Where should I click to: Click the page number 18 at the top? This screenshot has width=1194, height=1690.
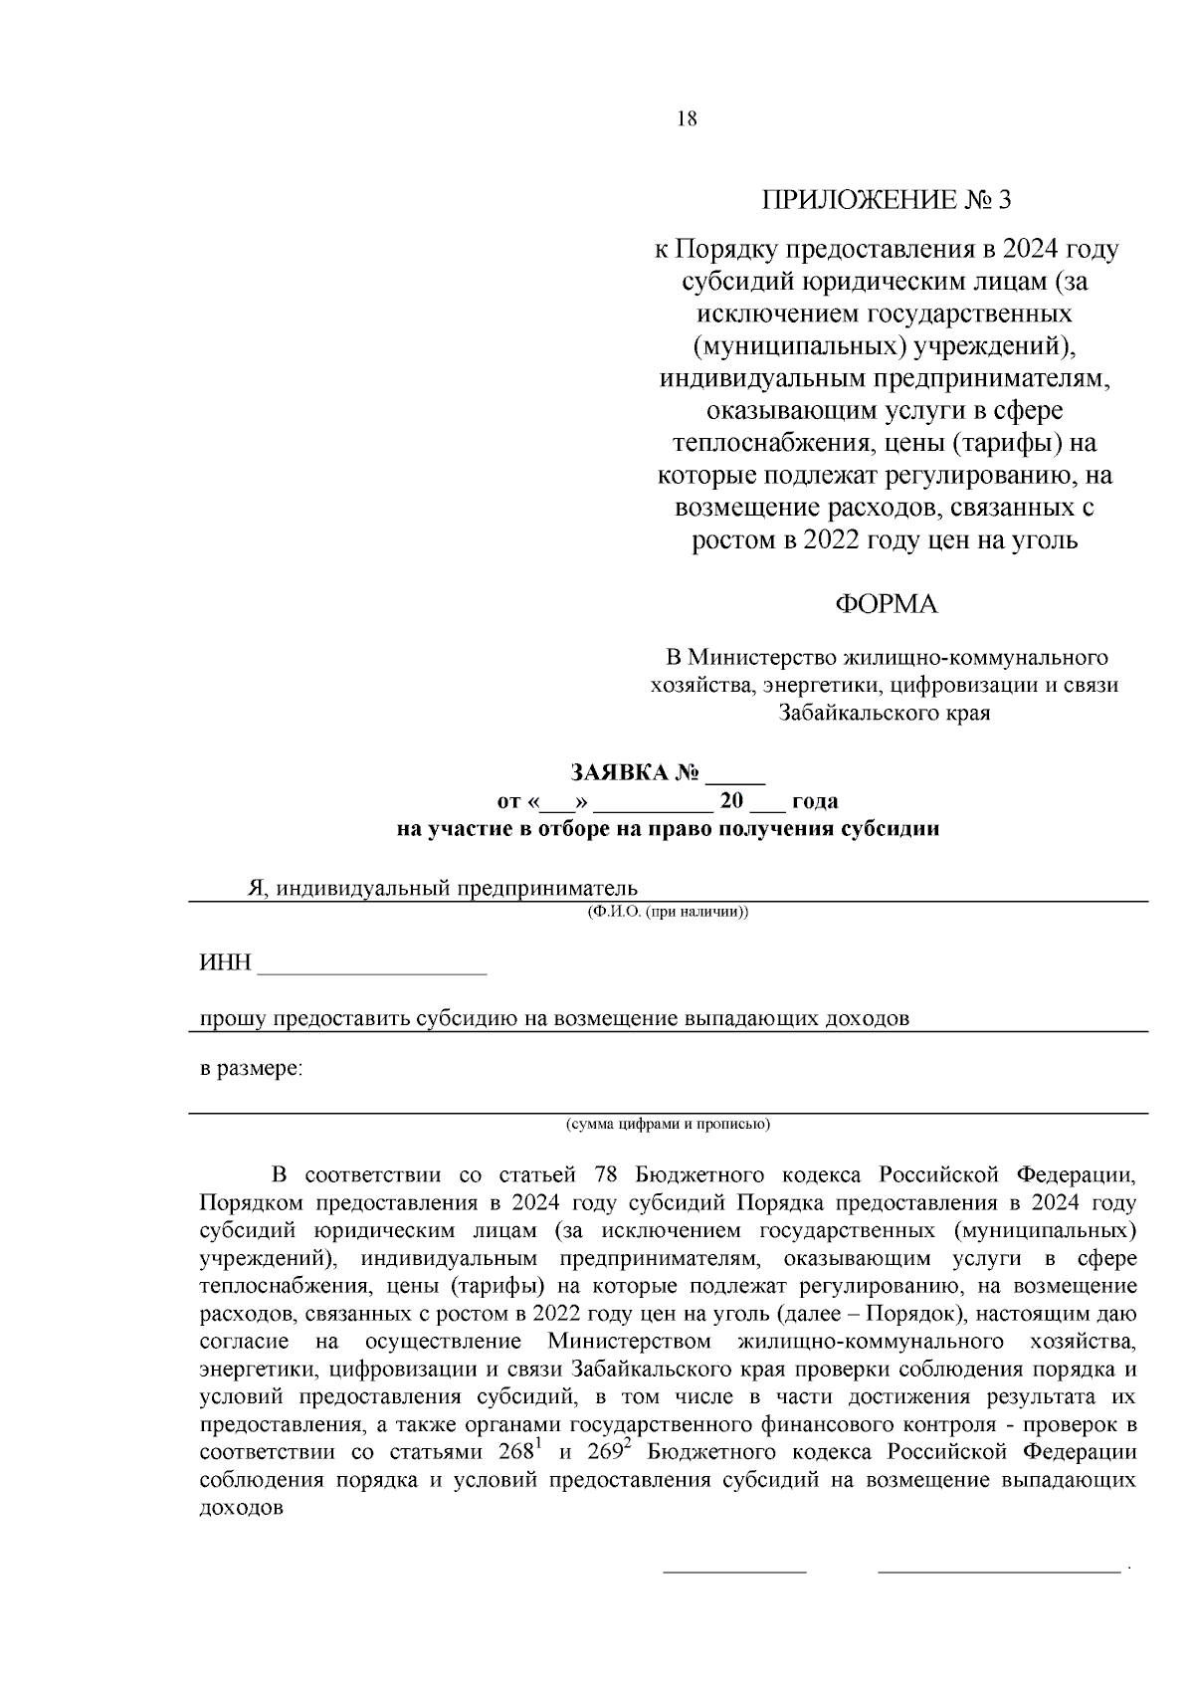pyautogui.click(x=687, y=119)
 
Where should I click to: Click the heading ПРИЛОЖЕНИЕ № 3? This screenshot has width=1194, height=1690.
pyautogui.click(x=886, y=200)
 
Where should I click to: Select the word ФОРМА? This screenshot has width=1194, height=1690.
pyautogui.click(x=886, y=604)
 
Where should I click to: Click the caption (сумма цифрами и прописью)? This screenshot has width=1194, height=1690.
pyautogui.click(x=668, y=1125)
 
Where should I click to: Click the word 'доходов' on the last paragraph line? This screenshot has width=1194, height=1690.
pyautogui.click(x=242, y=1507)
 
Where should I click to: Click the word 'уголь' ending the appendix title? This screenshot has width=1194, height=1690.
pyautogui.click(x=1044, y=541)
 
